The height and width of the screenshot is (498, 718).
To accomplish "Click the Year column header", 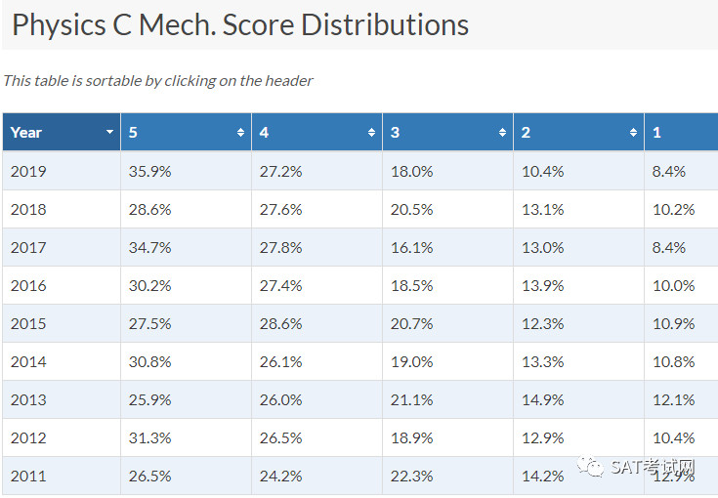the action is (62, 132).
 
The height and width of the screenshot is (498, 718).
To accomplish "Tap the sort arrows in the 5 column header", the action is (240, 132).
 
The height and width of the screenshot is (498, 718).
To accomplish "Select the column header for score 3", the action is (447, 132).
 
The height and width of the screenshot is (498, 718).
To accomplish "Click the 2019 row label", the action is (28, 171).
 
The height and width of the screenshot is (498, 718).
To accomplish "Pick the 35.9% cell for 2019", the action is (149, 171).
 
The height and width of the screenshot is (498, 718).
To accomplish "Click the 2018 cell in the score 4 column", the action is (280, 210).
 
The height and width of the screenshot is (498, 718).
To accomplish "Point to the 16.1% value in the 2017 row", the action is (411, 248).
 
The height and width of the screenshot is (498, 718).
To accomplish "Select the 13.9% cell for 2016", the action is (542, 285).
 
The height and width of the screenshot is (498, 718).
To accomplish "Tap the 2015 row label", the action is (28, 323).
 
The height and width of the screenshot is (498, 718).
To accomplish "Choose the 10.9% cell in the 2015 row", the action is (674, 323).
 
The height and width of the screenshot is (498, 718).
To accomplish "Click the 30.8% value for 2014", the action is (149, 361).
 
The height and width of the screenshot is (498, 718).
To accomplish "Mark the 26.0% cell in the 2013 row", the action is (280, 399).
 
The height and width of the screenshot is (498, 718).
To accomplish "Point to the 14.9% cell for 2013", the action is (542, 399).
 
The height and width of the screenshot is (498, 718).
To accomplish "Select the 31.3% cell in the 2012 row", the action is (149, 437).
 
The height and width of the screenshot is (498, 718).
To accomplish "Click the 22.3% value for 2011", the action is (411, 477).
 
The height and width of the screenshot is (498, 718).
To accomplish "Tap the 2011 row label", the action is (28, 477).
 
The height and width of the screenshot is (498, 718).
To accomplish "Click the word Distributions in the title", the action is (385, 24).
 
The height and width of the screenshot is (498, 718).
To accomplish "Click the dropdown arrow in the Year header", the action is (109, 132).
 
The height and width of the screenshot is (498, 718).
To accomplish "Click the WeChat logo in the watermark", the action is (591, 466).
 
